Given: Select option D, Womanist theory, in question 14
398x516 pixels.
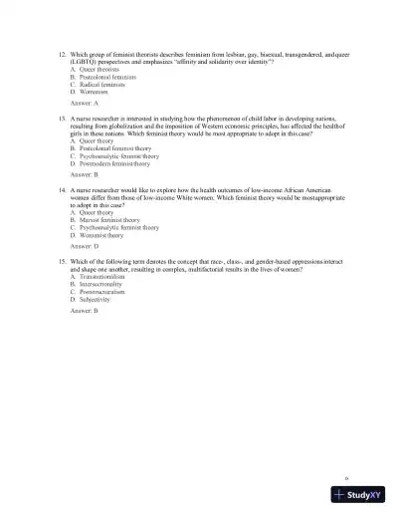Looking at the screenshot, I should tap(100, 234).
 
